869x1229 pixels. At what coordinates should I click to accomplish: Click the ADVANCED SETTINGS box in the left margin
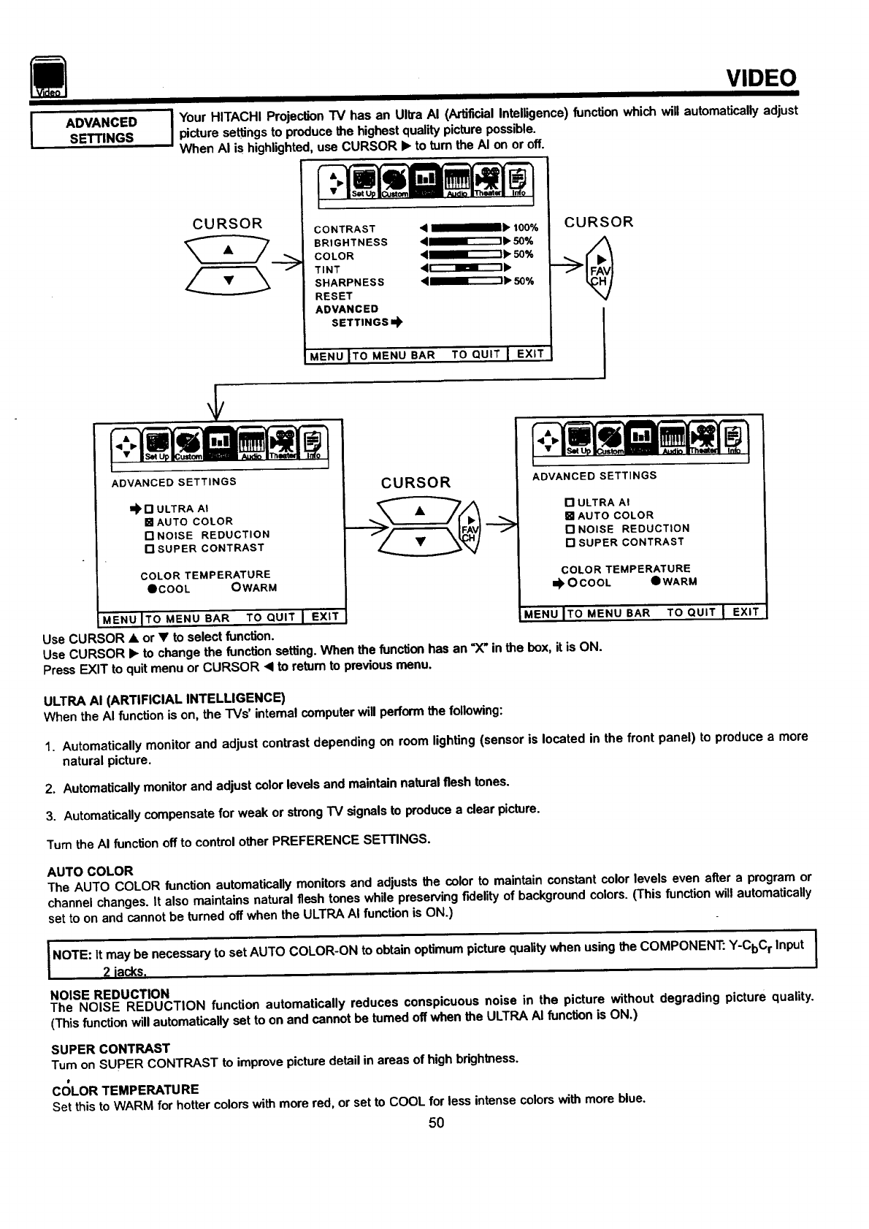(101, 130)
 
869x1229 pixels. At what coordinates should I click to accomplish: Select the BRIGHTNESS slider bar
(464, 242)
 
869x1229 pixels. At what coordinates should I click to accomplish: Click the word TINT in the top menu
(327, 270)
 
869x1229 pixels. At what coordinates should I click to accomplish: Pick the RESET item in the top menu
(334, 296)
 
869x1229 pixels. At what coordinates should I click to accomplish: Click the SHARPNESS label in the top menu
(349, 283)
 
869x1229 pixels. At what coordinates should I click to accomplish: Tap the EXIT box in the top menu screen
(530, 354)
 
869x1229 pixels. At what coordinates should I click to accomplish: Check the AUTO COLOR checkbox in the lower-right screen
(570, 516)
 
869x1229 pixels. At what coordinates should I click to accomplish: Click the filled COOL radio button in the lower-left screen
(150, 589)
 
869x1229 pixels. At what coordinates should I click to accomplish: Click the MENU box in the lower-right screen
(540, 613)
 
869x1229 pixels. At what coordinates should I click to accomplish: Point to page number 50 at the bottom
(436, 1122)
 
